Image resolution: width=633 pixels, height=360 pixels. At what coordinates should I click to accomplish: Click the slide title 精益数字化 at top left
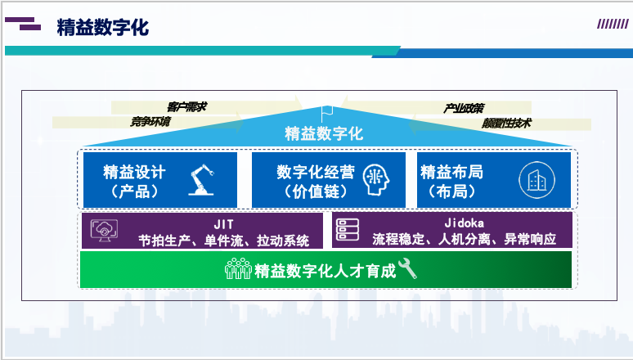[103, 28]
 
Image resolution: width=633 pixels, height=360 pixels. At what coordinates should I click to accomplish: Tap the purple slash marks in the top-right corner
[613, 25]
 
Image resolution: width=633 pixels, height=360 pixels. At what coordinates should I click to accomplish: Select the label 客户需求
[187, 106]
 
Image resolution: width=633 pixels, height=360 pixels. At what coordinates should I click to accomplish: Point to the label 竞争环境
[150, 121]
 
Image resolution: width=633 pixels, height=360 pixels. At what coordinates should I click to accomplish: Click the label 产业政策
[464, 108]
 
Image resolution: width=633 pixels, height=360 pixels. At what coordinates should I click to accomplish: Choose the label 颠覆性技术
[506, 123]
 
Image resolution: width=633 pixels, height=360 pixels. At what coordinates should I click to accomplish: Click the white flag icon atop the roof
[326, 114]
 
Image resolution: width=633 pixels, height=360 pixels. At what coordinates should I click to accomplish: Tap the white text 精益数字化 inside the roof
[324, 133]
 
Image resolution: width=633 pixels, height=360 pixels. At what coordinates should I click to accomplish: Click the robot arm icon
[201, 180]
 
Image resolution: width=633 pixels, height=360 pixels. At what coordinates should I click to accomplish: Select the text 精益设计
[134, 172]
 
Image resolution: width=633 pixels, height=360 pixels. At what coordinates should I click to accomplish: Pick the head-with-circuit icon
[376, 180]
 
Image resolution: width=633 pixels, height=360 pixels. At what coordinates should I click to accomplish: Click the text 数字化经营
[316, 172]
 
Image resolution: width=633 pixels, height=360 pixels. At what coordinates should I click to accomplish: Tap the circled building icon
[537, 180]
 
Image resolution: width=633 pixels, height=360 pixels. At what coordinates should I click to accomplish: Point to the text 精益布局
[451, 172]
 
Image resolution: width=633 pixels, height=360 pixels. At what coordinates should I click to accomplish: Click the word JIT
[223, 224]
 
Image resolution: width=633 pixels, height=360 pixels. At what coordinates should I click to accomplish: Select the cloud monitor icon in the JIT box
[105, 230]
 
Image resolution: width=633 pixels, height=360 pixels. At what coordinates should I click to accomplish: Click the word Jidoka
[465, 223]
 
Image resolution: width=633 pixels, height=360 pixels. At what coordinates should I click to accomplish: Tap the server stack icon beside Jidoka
[348, 229]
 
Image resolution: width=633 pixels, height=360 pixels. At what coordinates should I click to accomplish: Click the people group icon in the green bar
[238, 268]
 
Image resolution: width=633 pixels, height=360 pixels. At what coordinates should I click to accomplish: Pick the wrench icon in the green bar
[407, 268]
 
